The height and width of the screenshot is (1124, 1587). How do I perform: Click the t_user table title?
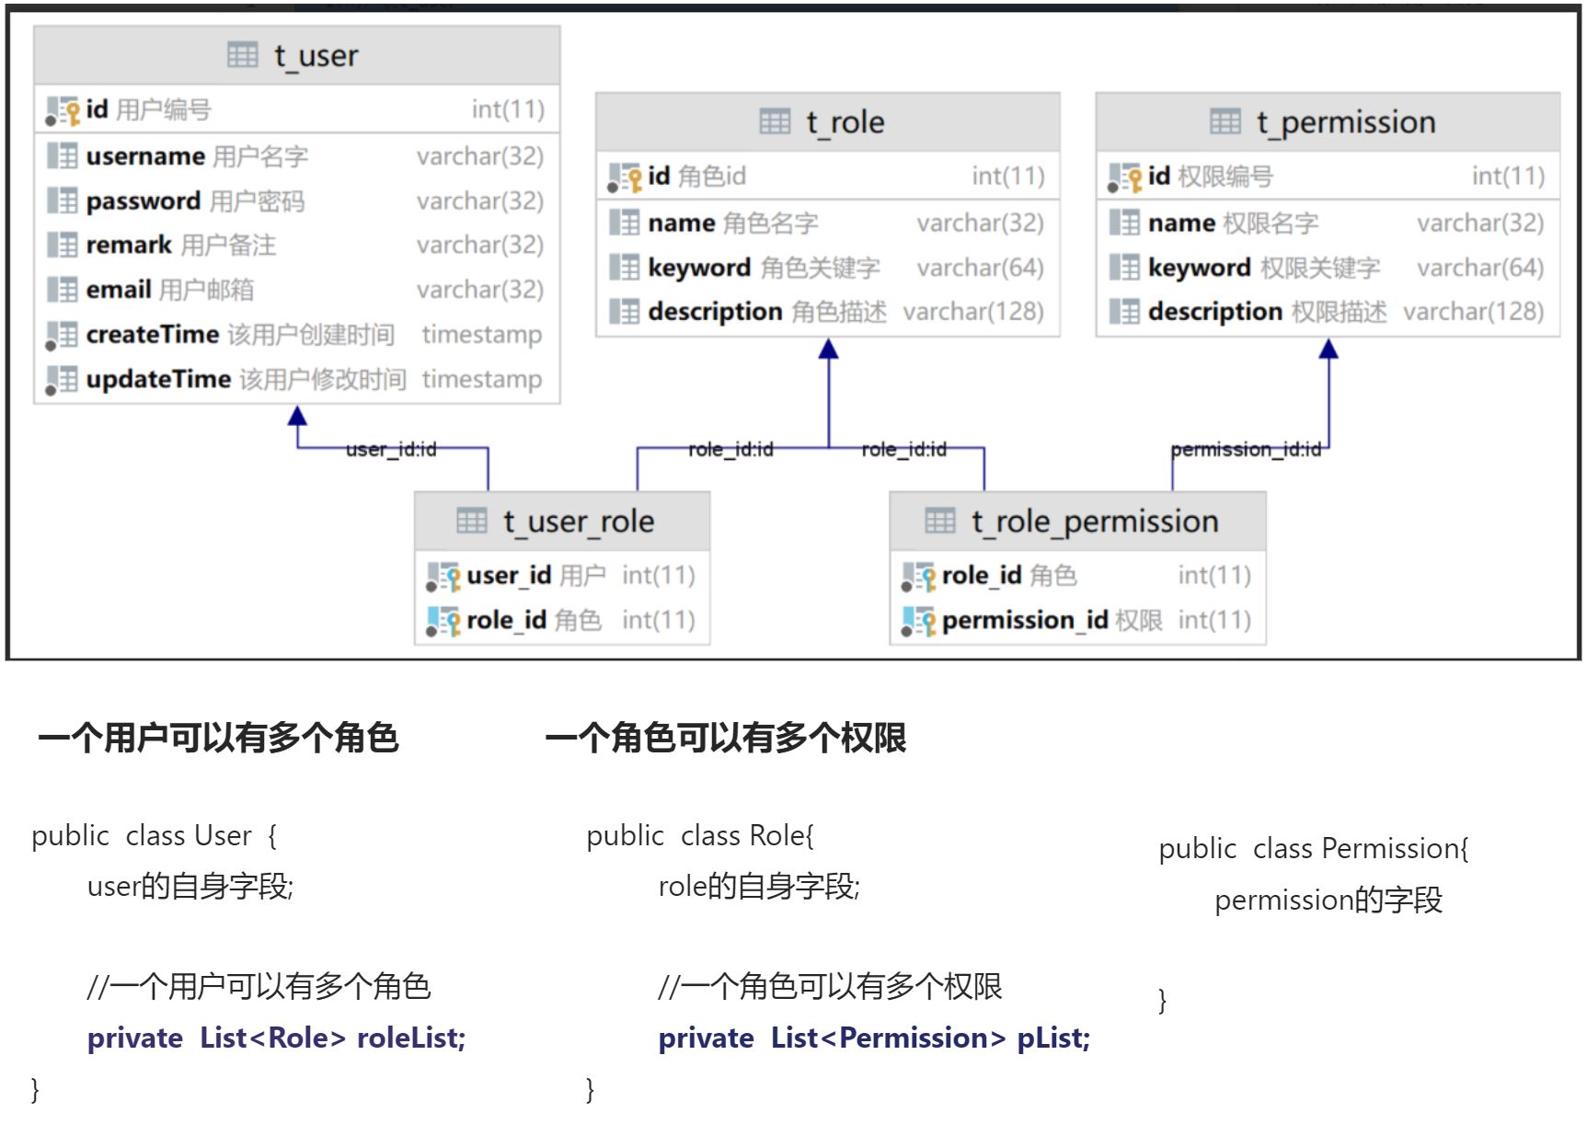click(315, 56)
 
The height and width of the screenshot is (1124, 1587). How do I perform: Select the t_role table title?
click(845, 122)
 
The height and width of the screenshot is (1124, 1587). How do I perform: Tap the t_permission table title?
click(1345, 122)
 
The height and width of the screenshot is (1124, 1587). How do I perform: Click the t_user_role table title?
click(578, 522)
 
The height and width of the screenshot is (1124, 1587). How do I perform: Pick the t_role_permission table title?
click(1094, 522)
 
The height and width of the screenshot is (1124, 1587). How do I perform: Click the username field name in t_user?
click(145, 156)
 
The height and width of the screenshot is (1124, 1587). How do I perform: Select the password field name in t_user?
click(143, 201)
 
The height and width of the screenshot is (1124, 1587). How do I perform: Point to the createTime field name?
click(152, 335)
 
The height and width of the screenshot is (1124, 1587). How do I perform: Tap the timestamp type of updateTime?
click(481, 379)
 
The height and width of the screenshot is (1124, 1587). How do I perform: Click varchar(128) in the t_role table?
click(972, 312)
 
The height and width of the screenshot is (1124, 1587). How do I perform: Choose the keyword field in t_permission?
click(1199, 268)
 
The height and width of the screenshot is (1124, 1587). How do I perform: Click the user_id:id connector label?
click(391, 449)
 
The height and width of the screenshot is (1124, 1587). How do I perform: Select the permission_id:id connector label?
click(1246, 449)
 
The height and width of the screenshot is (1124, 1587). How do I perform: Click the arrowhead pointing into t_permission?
click(1328, 350)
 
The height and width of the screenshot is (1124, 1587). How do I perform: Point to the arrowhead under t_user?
click(297, 416)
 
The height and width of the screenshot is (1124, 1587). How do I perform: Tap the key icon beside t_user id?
click(71, 112)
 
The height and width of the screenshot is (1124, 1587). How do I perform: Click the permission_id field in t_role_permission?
click(1024, 621)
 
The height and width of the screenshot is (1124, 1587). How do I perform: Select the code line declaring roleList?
click(276, 1038)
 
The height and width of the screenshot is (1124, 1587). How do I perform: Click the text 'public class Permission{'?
click(1313, 848)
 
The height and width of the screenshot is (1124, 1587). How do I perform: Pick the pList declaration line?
click(874, 1038)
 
